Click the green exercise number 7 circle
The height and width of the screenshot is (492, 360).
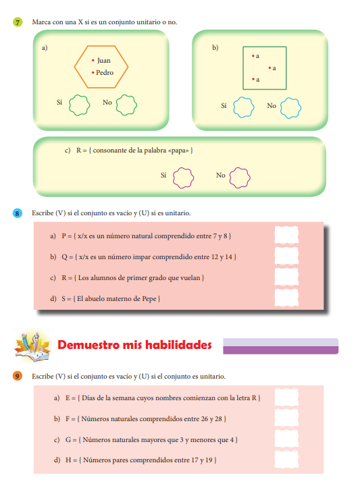pyautogui.click(x=18, y=22)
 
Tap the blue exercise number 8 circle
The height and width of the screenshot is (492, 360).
pyautogui.click(x=18, y=213)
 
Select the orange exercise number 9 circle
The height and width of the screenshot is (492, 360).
pyautogui.click(x=18, y=376)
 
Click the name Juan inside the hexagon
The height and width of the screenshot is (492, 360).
pyautogui.click(x=103, y=61)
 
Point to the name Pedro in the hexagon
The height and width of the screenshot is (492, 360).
pyautogui.click(x=105, y=73)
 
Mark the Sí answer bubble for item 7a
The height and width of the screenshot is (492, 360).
pyautogui.click(x=79, y=105)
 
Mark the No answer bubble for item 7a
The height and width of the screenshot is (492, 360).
pyautogui.click(x=126, y=105)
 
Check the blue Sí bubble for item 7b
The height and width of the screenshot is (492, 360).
pyautogui.click(x=243, y=107)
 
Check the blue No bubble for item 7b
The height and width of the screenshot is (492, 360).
pyautogui.click(x=290, y=108)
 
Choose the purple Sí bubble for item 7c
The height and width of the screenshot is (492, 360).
pyautogui.click(x=183, y=178)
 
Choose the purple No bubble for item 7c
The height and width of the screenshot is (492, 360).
pyautogui.click(x=240, y=177)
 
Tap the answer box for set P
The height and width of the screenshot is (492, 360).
pyautogui.click(x=286, y=235)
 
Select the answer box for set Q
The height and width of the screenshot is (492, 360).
pyautogui.click(x=286, y=256)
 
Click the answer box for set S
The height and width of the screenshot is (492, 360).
pyautogui.click(x=286, y=298)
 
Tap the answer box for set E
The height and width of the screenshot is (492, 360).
pyautogui.click(x=286, y=398)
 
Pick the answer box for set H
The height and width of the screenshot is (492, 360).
pyautogui.click(x=286, y=460)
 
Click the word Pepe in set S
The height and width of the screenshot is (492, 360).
pyautogui.click(x=149, y=299)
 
